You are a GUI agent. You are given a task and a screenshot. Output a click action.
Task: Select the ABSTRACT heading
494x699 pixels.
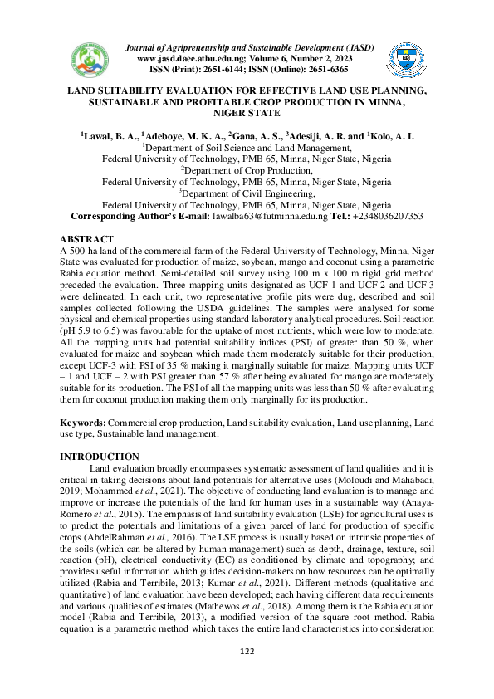point(90,237)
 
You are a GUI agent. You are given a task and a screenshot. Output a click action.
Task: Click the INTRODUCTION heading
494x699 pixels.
point(100,457)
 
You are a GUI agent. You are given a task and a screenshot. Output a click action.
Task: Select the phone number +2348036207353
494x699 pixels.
point(364,216)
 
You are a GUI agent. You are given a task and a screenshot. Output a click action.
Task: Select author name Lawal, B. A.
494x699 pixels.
point(110,135)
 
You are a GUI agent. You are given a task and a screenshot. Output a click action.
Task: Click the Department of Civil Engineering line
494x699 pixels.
point(247,193)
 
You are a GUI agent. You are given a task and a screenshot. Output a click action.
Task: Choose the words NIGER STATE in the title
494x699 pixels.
point(247,112)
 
